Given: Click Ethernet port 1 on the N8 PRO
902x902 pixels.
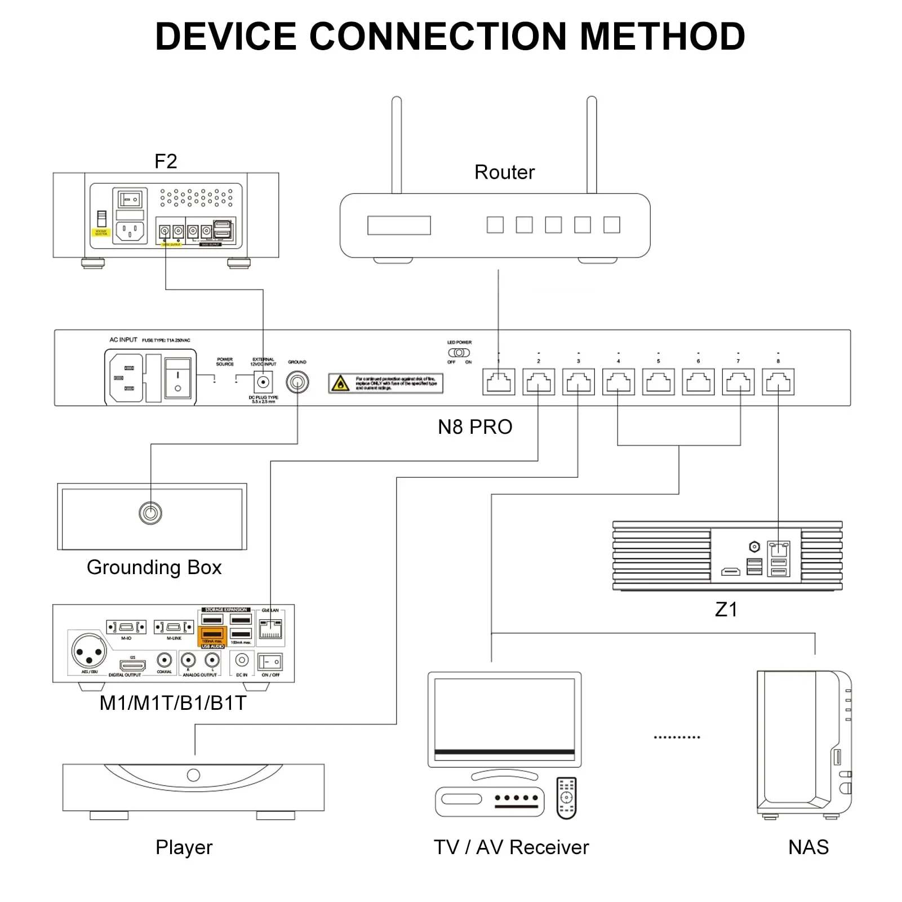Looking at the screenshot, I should click(x=499, y=382).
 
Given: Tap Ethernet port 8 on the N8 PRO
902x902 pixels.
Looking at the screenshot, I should click(x=778, y=382).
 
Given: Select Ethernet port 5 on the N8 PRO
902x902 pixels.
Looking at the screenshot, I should click(x=658, y=382).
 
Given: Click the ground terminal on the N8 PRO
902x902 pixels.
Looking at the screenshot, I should click(x=297, y=383).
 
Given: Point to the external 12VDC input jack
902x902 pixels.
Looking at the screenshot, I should click(x=263, y=383).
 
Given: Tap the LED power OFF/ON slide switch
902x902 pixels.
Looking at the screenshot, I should click(x=459, y=353).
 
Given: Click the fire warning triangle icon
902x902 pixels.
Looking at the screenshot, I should click(x=340, y=384).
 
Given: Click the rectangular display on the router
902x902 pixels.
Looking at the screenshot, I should click(x=399, y=225).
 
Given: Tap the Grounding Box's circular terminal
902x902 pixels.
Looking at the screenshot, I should click(x=150, y=513).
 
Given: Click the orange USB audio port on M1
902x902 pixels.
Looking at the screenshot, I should click(x=212, y=635).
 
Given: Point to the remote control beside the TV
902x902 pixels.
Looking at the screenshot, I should click(x=566, y=798).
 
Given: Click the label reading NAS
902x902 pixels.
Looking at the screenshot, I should click(x=808, y=847).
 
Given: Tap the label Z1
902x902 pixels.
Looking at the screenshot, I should click(x=726, y=610).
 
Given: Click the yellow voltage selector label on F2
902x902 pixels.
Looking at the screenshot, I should click(x=101, y=232).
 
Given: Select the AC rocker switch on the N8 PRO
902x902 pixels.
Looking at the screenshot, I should click(x=177, y=377).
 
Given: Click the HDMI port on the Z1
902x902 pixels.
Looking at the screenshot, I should click(x=731, y=572).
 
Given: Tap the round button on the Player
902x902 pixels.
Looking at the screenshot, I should click(x=193, y=775).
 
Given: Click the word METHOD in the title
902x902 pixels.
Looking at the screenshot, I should click(x=663, y=37).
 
